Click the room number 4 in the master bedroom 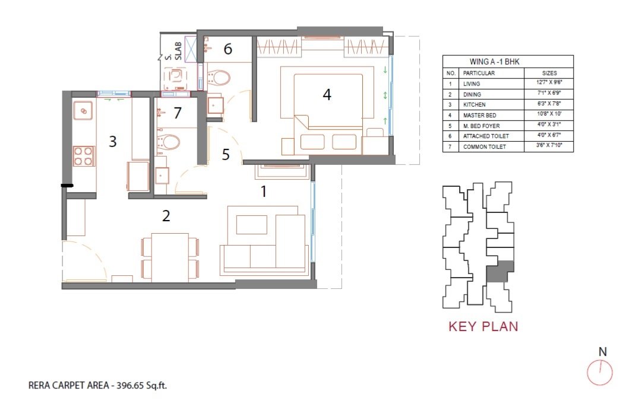[327, 95]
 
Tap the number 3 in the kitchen [113, 141]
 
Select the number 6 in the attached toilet [227, 49]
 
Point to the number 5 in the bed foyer [226, 154]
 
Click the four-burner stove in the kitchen [84, 156]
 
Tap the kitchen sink [83, 110]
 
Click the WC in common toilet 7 [168, 142]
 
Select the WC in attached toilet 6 [218, 78]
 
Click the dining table [170, 257]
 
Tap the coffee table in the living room [252, 225]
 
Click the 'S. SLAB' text [173, 52]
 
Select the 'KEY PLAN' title [483, 326]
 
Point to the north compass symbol [600, 373]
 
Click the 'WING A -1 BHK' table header [494, 62]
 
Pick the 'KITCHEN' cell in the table [474, 104]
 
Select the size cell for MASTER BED [549, 114]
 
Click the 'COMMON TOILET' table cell [485, 147]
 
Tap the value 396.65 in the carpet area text [131, 385]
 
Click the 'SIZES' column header [549, 73]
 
